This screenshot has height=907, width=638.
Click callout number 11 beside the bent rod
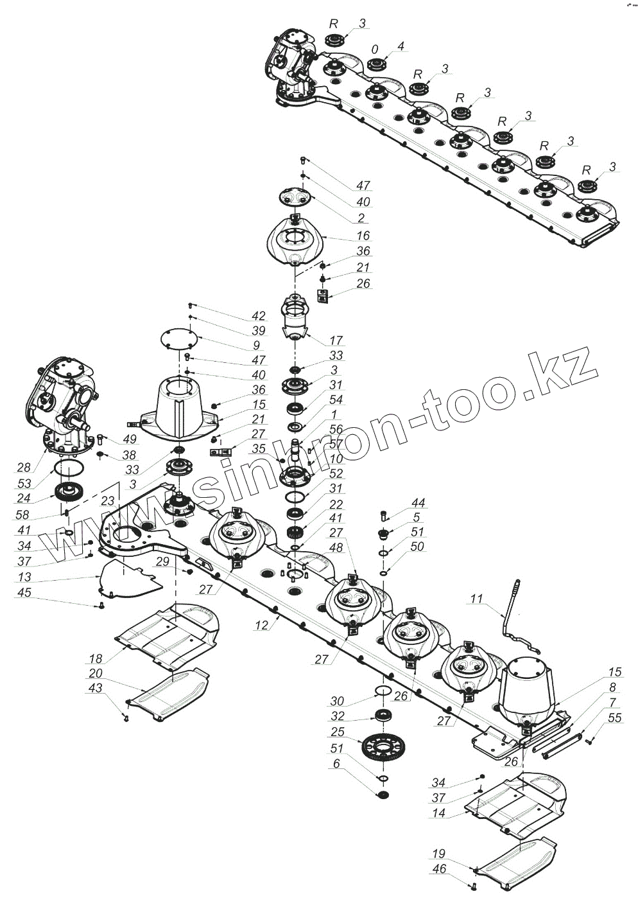coord(476,599)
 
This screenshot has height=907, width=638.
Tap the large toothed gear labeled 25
coord(384,747)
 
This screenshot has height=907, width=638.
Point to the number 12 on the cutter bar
coord(261,624)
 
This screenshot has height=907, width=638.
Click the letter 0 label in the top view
coord(375,49)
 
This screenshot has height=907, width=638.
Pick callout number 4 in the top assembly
coord(401,46)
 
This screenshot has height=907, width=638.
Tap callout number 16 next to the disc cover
coord(364,236)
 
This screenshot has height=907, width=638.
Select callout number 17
coord(336,340)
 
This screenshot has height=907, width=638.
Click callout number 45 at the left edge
coord(24,592)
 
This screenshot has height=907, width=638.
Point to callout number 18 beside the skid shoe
coord(96,658)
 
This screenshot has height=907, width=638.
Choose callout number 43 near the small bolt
coord(95,688)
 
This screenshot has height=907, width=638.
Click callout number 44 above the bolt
coord(418,503)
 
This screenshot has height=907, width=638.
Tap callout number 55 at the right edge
coord(614,718)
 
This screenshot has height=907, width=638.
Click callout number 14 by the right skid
coord(439,812)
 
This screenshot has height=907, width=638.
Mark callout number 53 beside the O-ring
coord(24,483)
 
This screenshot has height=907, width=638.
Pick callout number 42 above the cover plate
coord(259,316)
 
